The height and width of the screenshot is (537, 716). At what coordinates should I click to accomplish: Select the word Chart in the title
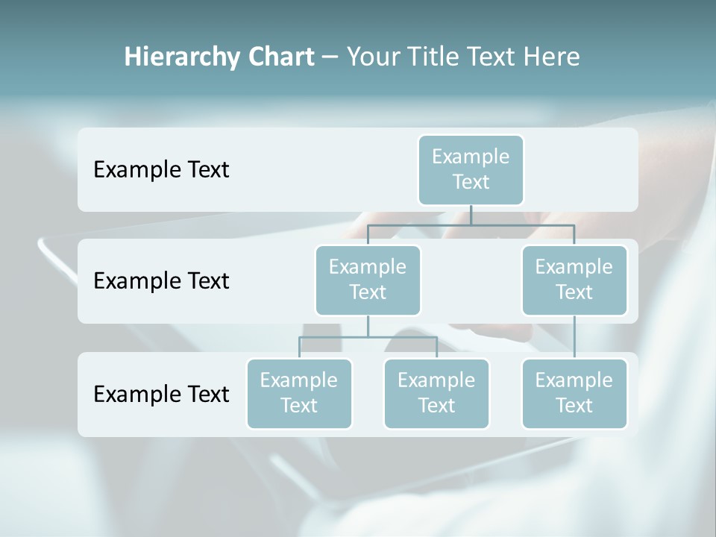tap(280, 57)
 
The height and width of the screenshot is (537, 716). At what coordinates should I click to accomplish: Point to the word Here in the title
tap(551, 57)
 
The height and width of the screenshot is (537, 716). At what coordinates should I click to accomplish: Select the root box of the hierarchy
tap(471, 169)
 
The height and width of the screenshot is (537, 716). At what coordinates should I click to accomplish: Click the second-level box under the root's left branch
tap(368, 280)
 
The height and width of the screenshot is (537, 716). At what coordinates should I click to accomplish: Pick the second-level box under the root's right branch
tap(574, 280)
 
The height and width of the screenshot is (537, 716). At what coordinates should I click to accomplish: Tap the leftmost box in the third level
tap(299, 393)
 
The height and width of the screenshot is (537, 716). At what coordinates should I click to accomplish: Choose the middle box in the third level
tap(436, 393)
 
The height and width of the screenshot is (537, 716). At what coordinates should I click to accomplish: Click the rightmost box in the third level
tap(574, 393)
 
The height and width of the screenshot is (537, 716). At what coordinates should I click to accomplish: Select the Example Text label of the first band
tap(161, 170)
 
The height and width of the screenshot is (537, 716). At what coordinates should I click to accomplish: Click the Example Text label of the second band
tap(161, 281)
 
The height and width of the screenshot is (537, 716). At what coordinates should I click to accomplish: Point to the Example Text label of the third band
tap(161, 394)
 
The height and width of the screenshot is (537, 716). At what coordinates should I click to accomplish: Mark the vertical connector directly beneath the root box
tap(471, 215)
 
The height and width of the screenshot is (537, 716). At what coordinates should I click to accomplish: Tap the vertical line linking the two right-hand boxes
tap(574, 337)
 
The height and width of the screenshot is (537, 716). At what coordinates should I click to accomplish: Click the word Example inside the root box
tap(471, 157)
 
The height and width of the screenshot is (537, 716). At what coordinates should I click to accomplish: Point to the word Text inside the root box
tap(471, 182)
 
